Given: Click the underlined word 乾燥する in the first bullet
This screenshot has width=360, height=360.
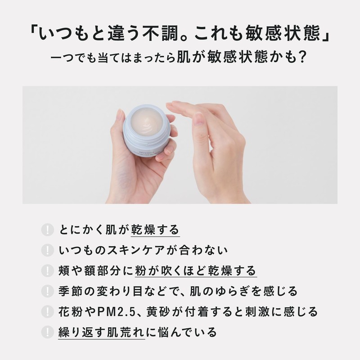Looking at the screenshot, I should [155, 229].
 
